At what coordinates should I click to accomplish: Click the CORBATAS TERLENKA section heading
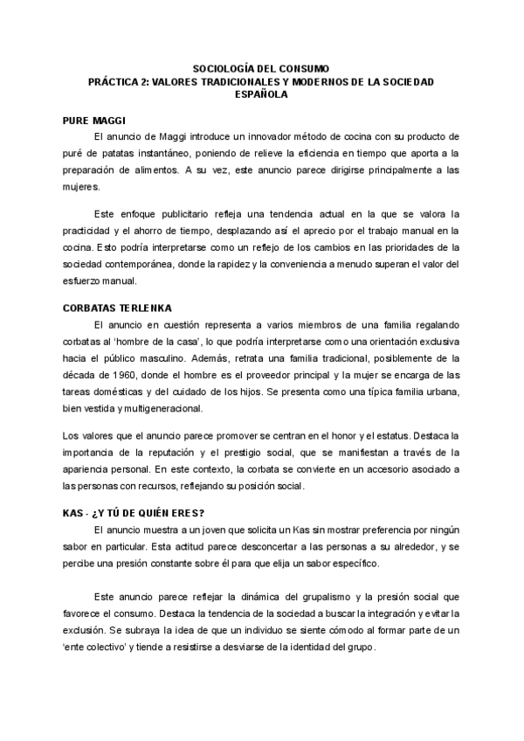(x=118, y=308)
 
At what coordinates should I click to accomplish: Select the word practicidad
(x=92, y=230)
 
